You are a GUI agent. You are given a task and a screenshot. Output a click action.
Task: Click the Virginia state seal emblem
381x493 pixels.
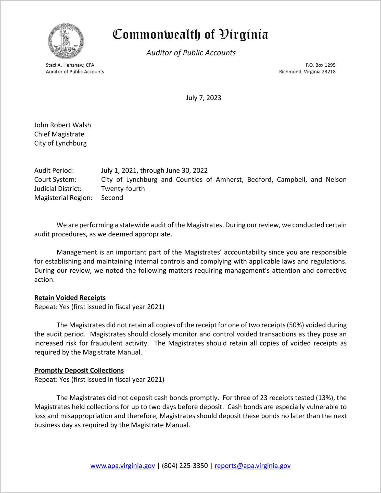click(x=66, y=41)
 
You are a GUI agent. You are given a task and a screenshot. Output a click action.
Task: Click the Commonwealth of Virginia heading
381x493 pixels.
click(x=190, y=35)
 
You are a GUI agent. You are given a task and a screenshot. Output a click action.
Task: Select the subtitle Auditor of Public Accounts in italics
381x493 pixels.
click(x=191, y=53)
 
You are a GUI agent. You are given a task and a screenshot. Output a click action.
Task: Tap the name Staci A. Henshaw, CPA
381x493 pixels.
click(x=70, y=65)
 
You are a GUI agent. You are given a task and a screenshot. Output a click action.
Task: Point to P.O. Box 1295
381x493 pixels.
click(x=320, y=65)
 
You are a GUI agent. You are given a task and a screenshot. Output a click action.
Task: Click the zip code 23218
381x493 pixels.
click(x=329, y=72)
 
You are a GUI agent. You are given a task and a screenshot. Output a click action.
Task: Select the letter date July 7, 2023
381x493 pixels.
click(x=203, y=98)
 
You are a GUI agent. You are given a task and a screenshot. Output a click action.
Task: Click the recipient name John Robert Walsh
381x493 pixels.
click(x=62, y=125)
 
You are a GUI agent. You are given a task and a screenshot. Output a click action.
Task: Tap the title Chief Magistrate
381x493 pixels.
click(x=59, y=134)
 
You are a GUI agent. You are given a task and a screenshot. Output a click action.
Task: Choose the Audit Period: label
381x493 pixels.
click(x=54, y=171)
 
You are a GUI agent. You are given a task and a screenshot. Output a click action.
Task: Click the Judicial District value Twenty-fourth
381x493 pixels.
click(x=123, y=189)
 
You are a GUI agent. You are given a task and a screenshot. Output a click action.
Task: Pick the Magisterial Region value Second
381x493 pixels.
click(x=112, y=198)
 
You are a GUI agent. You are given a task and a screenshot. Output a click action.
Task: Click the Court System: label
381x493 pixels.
click(x=55, y=180)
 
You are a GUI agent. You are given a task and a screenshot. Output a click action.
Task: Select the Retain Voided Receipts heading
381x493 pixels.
click(x=70, y=298)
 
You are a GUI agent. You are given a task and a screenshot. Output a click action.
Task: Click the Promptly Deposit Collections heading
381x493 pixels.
click(x=79, y=370)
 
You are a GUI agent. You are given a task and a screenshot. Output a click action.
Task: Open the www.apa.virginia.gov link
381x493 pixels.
click(x=122, y=466)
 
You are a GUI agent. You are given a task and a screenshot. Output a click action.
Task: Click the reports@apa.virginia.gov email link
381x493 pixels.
click(x=252, y=466)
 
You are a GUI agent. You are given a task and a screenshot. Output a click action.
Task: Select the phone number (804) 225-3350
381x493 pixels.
click(x=185, y=466)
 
